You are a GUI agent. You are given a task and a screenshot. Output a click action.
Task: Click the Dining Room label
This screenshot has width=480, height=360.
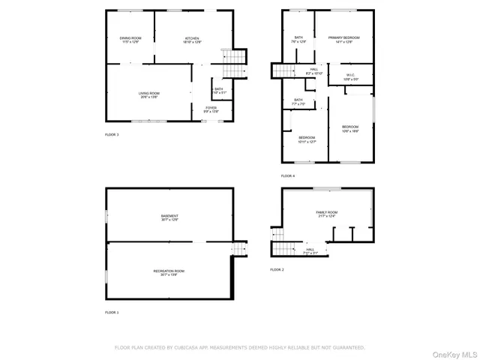point(130,40)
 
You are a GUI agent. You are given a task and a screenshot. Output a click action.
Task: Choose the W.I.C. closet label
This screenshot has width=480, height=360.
point(351,76)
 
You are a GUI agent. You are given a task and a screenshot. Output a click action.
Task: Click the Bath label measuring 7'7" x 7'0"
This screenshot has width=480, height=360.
point(298,101)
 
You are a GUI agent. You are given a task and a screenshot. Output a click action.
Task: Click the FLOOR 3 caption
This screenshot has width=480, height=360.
point(112,134)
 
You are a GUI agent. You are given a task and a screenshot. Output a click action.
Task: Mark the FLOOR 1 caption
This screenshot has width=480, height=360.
point(112,312)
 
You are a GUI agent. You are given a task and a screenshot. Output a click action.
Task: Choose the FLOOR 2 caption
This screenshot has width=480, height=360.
point(277,269)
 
